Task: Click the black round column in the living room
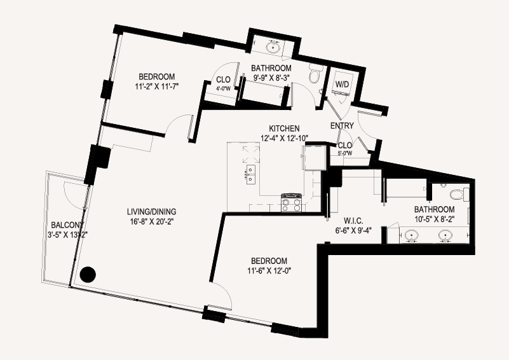(x=88, y=275)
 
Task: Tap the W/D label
(x=342, y=85)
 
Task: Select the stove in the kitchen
(x=292, y=203)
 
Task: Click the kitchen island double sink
(x=250, y=174)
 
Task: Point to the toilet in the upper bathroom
(x=314, y=73)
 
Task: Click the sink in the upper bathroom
(x=273, y=47)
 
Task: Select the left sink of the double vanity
(x=412, y=235)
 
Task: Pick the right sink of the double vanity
(x=445, y=235)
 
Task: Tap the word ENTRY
(x=342, y=126)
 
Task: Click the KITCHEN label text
(x=284, y=128)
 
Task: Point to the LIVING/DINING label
(x=152, y=212)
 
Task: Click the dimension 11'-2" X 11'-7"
(x=157, y=87)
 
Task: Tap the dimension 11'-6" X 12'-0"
(x=269, y=271)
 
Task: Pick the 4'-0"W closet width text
(x=223, y=87)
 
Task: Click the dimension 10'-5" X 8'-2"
(x=435, y=219)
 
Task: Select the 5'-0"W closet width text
(x=345, y=153)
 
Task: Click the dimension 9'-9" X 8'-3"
(x=271, y=78)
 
